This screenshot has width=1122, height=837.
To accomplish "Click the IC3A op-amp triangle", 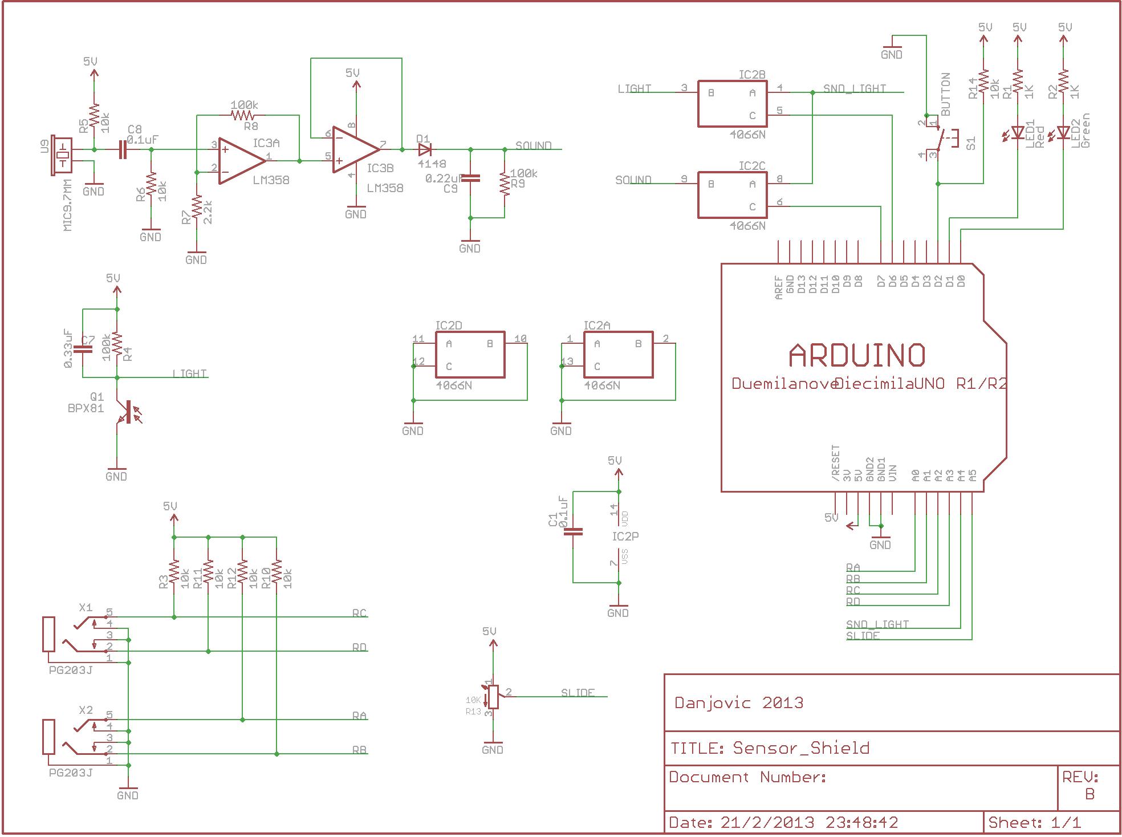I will [241, 161].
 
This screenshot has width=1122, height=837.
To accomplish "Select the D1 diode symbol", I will [425, 149].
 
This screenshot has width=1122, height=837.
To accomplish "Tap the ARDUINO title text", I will [857, 356].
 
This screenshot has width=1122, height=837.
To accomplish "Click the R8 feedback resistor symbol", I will [242, 115].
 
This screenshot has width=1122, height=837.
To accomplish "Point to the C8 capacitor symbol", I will [123, 149].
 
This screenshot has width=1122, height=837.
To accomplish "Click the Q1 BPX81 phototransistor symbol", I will [127, 412].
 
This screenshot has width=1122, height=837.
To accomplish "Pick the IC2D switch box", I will [470, 355].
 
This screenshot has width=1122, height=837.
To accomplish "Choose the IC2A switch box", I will [618, 355].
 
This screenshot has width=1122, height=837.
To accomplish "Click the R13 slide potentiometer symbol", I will [493, 697].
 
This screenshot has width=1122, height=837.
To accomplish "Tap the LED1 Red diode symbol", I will [1018, 133].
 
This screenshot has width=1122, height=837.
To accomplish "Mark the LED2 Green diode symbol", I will [1063, 133].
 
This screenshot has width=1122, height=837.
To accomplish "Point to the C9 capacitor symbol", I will [470, 178].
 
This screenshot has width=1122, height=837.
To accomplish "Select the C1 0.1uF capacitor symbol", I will [573, 531].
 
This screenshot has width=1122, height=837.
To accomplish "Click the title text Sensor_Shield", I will [801, 747].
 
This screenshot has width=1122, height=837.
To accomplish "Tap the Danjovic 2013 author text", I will [739, 702].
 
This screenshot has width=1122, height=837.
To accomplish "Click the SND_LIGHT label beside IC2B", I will [854, 88].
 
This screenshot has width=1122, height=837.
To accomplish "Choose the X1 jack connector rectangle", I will [49, 634].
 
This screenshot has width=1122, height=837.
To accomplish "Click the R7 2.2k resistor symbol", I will [197, 208].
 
